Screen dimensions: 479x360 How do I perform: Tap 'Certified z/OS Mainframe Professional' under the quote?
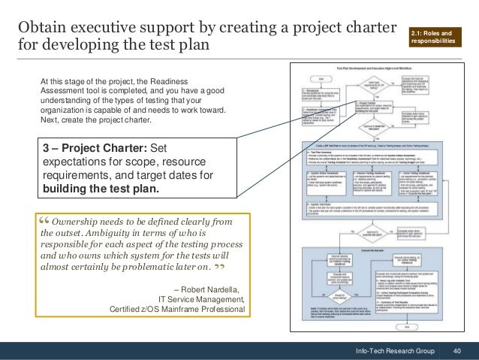click(x=177, y=308)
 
